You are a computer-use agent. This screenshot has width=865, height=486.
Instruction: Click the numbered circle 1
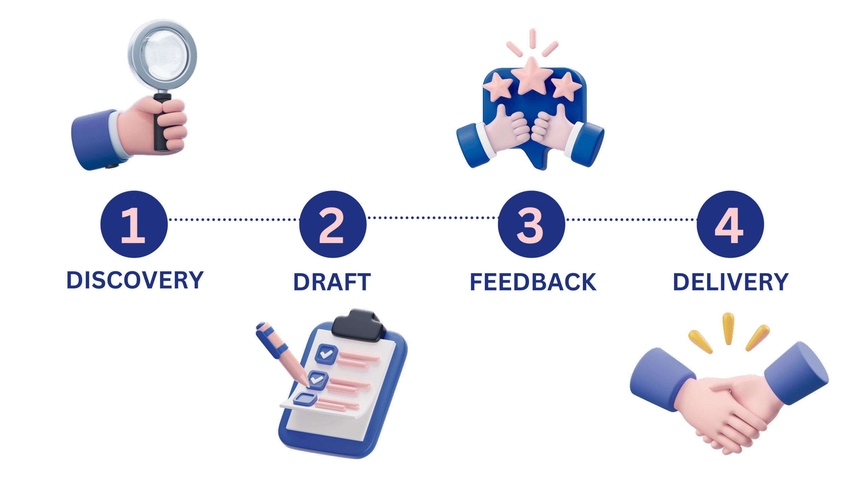(134, 224)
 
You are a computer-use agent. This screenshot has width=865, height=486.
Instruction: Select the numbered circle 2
(332, 224)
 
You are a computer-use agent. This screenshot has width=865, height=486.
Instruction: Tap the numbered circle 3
(531, 224)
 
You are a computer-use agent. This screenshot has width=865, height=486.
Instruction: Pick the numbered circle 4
(730, 224)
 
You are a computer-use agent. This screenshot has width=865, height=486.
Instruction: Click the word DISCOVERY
(135, 280)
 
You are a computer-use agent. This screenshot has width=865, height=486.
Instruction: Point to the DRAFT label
(332, 282)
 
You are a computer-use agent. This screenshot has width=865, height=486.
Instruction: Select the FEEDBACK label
(533, 282)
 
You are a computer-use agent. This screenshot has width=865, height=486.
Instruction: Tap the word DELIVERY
(731, 282)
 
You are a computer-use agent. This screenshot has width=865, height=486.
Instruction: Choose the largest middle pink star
(532, 75)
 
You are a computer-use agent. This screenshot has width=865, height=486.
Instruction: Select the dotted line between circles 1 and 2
(233, 220)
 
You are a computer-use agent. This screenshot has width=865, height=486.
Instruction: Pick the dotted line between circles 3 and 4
(631, 220)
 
